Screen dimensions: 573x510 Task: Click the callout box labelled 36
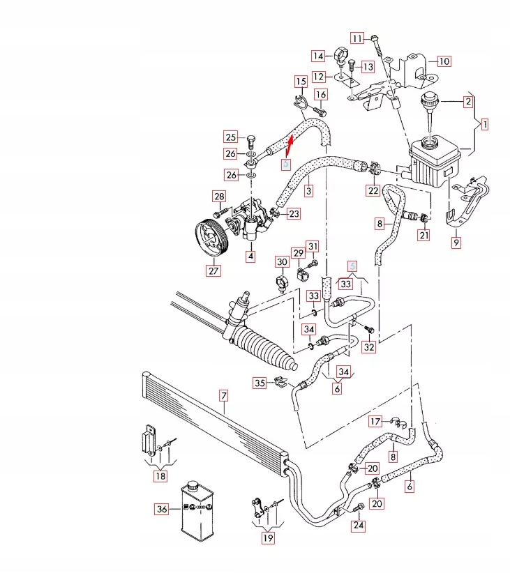coord(162,510)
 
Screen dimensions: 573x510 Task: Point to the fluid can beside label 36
coord(197,510)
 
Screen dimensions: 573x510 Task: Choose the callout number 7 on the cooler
coord(224,397)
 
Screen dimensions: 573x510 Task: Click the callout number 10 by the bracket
coord(444,61)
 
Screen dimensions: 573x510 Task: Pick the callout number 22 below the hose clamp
coord(373,190)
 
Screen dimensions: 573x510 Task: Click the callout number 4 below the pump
coord(250,257)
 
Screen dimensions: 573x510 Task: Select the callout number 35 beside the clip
coord(260,383)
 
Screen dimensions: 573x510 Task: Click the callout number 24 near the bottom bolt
coord(359,526)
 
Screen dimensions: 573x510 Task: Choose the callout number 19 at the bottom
coord(269,537)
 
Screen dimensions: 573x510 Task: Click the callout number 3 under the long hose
coord(308,190)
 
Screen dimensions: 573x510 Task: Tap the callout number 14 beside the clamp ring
coord(318,56)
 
